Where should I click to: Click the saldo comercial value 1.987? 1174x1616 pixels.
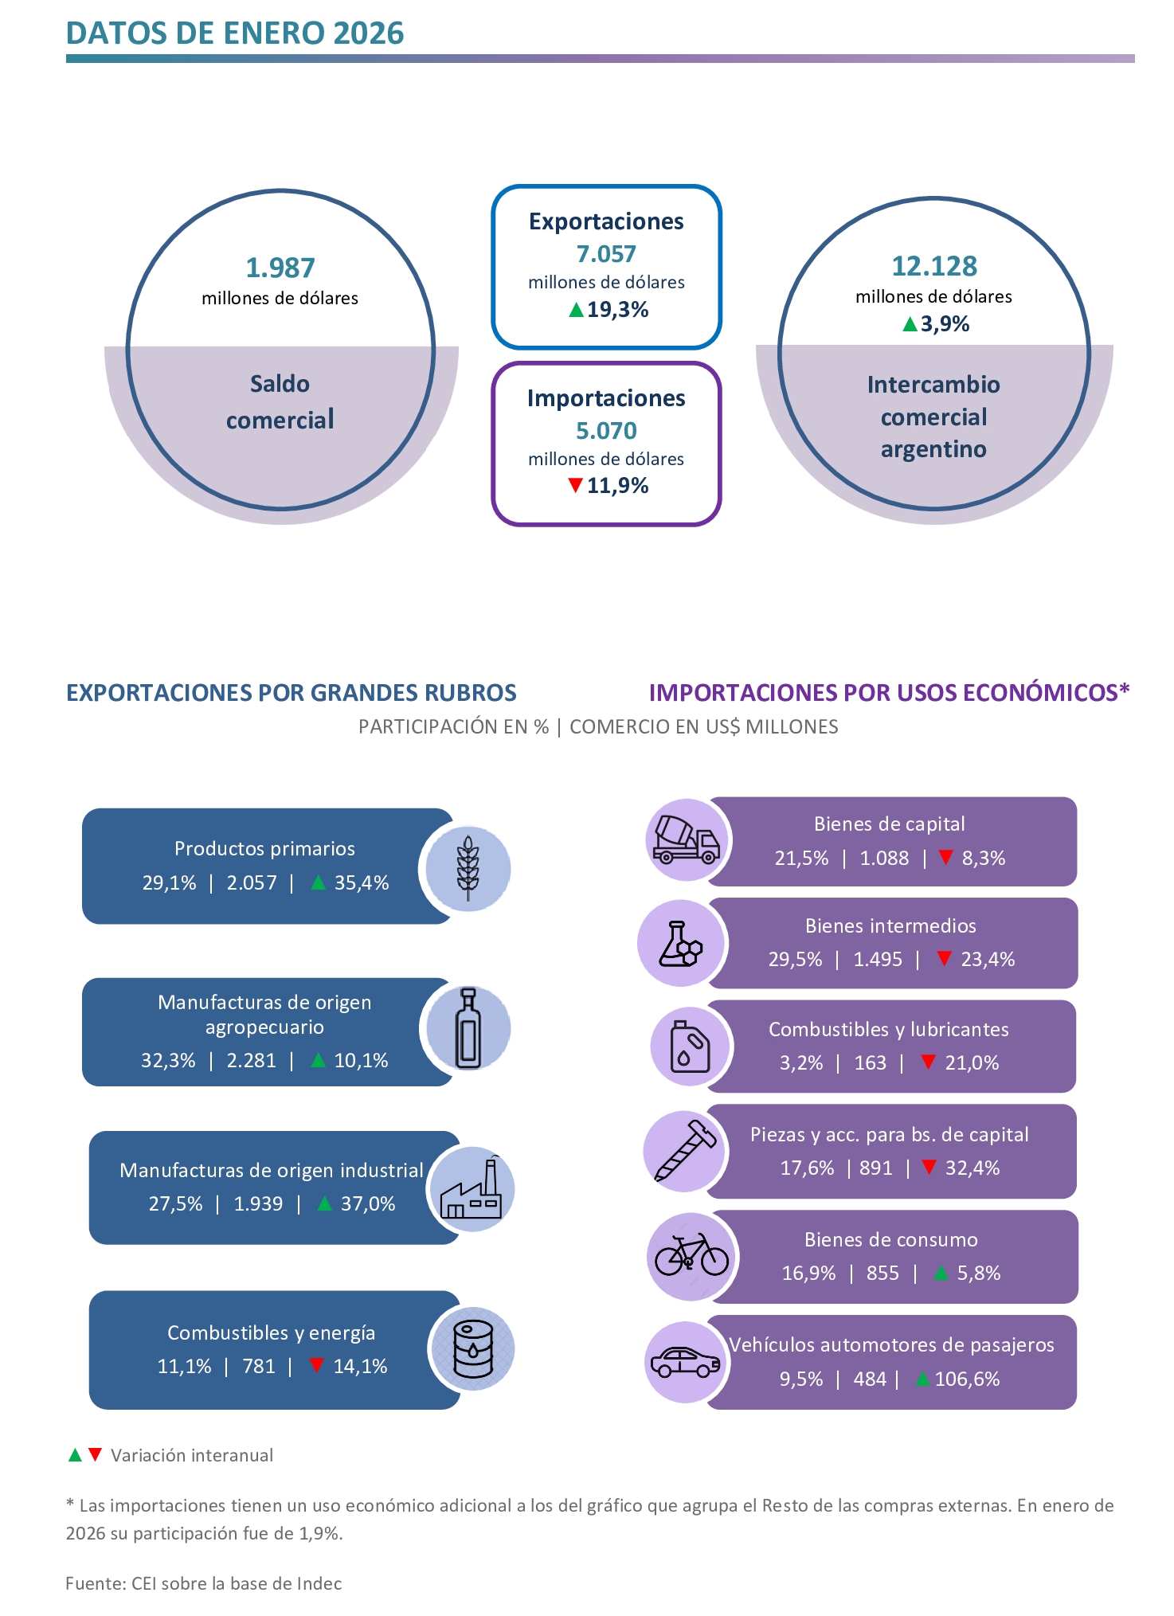(x=280, y=268)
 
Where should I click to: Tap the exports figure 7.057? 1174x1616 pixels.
(x=606, y=254)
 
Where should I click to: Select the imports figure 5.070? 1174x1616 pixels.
(x=606, y=431)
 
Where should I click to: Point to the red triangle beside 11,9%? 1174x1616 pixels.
(x=575, y=485)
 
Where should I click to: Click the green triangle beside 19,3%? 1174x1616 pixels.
(x=576, y=309)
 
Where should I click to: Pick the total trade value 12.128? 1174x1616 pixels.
(x=934, y=266)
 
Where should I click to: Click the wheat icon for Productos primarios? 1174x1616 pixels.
(x=468, y=868)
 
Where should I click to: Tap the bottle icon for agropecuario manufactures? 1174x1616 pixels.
(x=468, y=1027)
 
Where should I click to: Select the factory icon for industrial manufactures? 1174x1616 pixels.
(x=472, y=1189)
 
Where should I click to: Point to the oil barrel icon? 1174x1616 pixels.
(x=472, y=1349)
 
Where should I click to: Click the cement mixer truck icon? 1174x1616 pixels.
(x=686, y=840)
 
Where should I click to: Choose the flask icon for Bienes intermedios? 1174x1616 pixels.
(x=681, y=944)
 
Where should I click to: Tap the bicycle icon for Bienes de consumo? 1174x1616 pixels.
(x=691, y=1255)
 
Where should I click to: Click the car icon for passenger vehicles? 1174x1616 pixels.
(x=685, y=1363)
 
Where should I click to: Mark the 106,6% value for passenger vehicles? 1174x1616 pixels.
(x=967, y=1379)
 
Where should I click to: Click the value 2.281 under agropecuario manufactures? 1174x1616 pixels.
(x=252, y=1061)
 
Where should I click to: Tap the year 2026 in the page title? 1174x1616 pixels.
(x=369, y=33)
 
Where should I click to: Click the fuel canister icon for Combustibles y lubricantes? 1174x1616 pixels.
(x=690, y=1047)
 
